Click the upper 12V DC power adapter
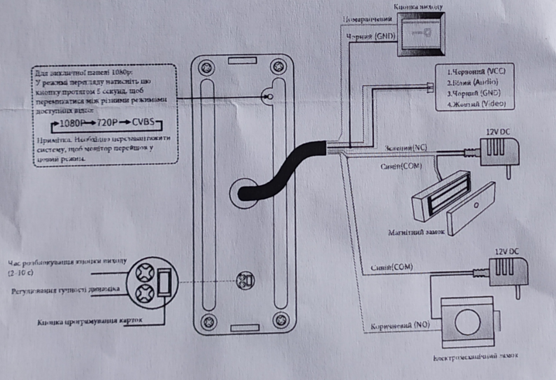click(500, 151)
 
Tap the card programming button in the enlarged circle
click(165, 282)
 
